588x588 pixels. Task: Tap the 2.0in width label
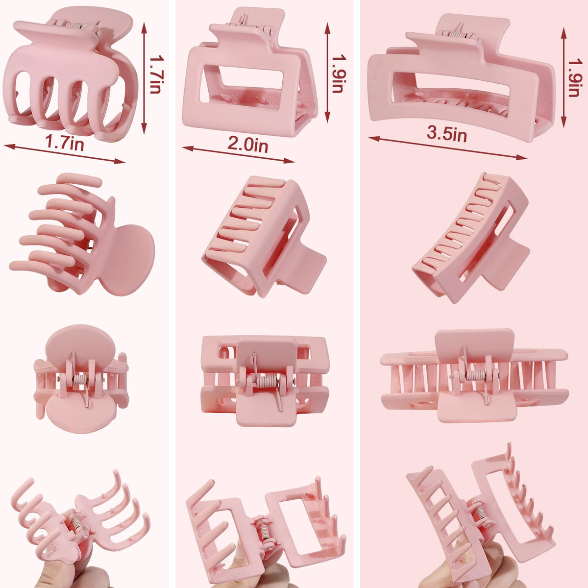coord(247,145)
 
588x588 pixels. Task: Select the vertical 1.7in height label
coord(156,74)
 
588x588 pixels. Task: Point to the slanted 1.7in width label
coord(64,142)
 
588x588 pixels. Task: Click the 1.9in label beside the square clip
coord(339,73)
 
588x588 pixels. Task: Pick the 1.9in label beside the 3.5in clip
coord(574,77)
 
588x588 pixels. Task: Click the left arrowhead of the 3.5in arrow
coord(374,139)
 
